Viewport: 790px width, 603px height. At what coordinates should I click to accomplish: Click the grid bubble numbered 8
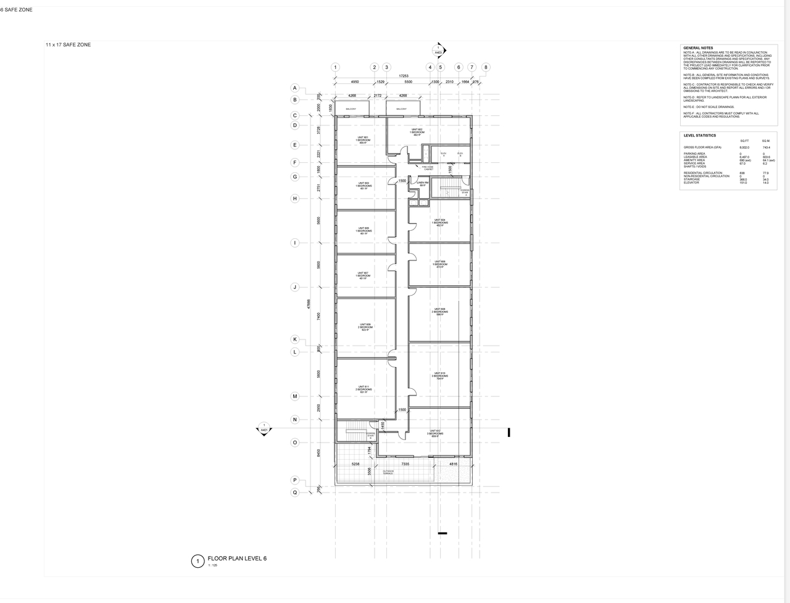point(486,68)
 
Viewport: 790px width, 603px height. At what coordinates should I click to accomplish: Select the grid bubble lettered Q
point(295,493)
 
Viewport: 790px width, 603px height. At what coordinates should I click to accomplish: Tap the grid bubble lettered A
point(295,88)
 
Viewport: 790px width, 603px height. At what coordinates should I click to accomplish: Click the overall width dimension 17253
point(404,76)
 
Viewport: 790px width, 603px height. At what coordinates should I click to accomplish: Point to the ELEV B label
point(460,154)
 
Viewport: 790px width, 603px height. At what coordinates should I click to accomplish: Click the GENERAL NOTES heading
point(698,48)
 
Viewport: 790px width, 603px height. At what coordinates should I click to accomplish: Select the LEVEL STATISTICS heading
point(699,135)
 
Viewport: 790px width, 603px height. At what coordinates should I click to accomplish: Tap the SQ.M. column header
point(766,141)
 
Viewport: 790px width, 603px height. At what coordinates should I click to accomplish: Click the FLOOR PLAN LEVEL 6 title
point(237,558)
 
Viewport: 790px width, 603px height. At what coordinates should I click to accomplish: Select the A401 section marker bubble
point(264,428)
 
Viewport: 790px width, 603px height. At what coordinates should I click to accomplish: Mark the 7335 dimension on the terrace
point(405,464)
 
